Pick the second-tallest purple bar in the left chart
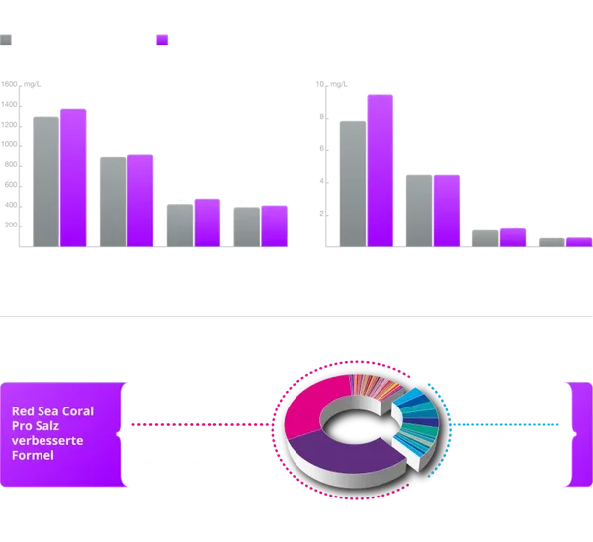tap(140, 199)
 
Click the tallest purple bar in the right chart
tap(380, 168)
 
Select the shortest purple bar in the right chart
tap(579, 241)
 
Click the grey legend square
tap(7, 41)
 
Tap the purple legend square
tap(163, 41)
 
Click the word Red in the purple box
tap(22, 411)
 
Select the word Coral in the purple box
tap(79, 411)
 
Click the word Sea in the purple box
tap(46, 411)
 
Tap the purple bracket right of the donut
tap(580, 435)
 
